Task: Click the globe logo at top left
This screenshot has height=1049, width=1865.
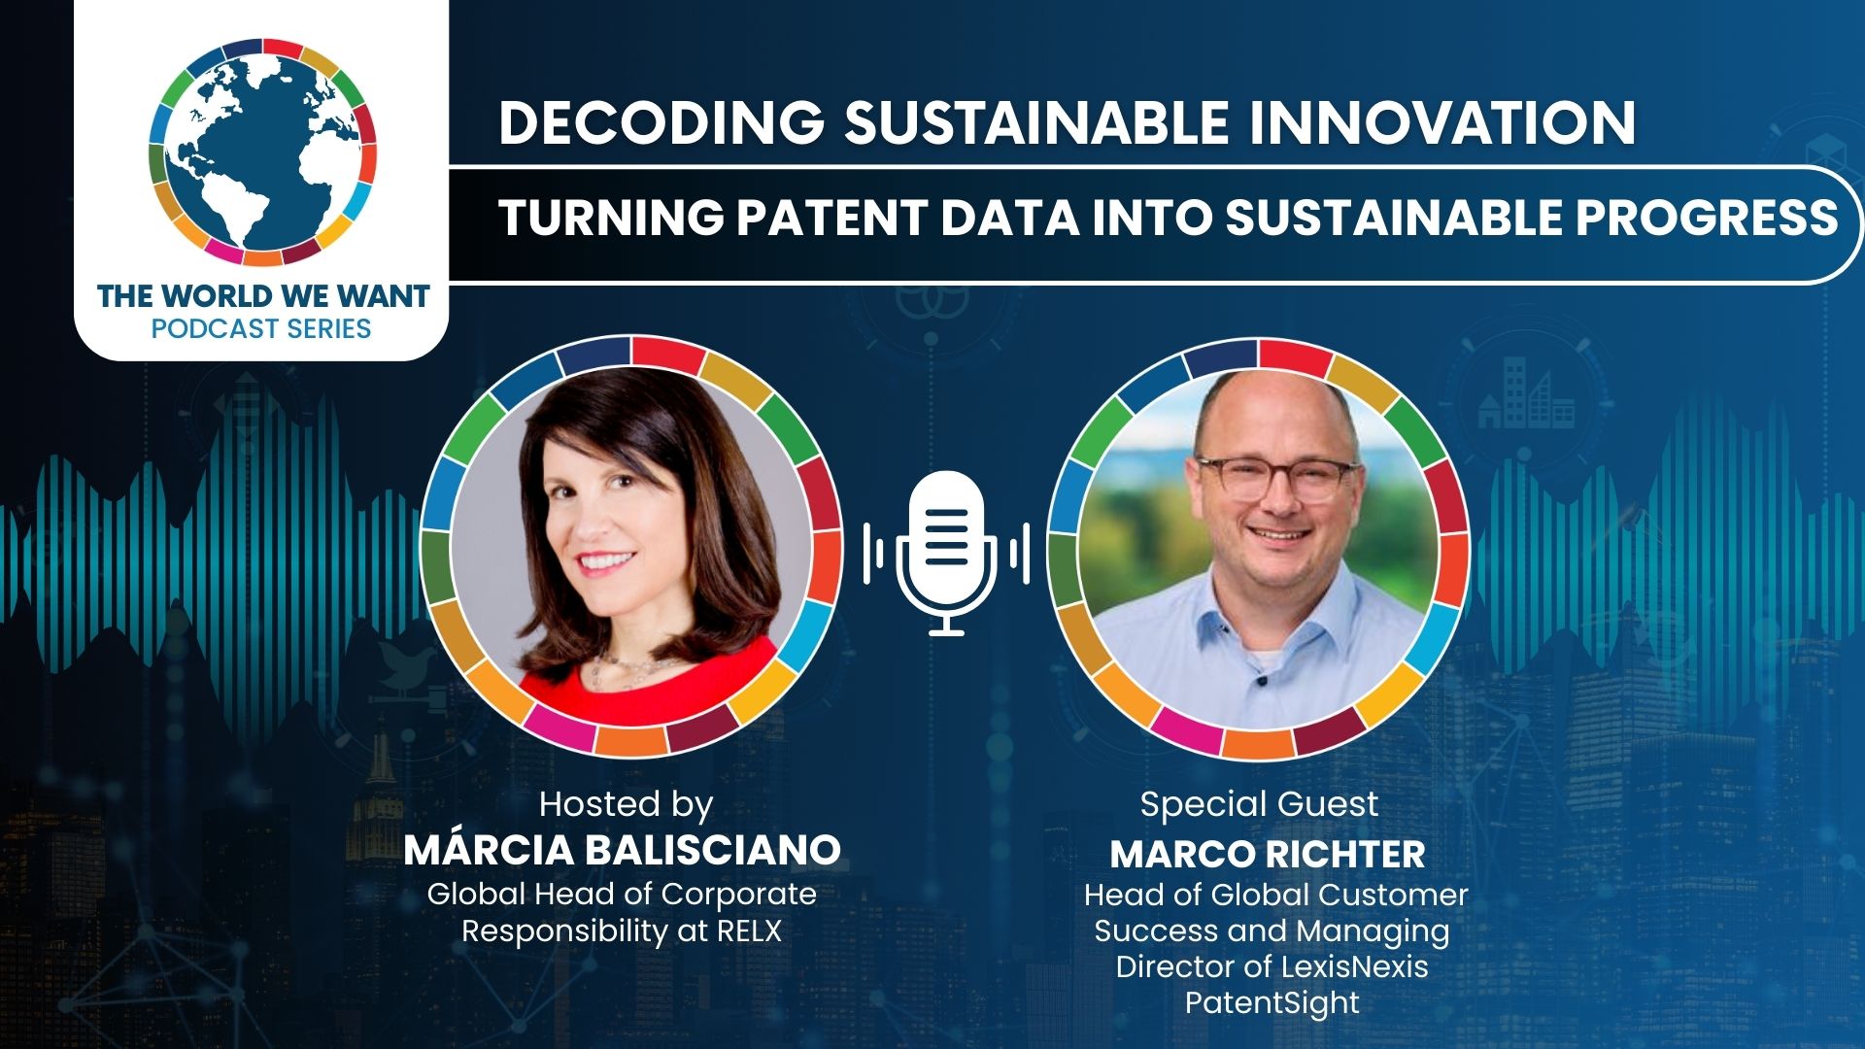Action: (x=262, y=152)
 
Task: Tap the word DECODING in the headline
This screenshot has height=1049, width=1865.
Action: (x=661, y=123)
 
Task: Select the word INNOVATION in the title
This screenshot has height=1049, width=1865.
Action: (x=1441, y=123)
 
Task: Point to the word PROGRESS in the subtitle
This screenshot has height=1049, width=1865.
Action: (x=1707, y=217)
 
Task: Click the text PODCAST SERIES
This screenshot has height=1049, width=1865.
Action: (x=261, y=328)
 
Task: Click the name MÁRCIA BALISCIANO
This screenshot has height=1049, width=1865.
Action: (x=622, y=850)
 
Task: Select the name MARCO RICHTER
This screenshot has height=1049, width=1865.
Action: (x=1268, y=855)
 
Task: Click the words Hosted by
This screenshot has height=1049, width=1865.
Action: (x=627, y=804)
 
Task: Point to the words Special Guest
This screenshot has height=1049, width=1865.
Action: (x=1259, y=804)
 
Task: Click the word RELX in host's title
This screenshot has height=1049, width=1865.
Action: (x=749, y=931)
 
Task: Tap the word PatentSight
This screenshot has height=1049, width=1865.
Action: (x=1272, y=1002)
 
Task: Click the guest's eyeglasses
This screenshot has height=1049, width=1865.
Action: (x=1275, y=477)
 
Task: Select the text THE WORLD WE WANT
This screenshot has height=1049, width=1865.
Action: (x=262, y=295)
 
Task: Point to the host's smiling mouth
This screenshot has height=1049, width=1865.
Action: (x=605, y=563)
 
